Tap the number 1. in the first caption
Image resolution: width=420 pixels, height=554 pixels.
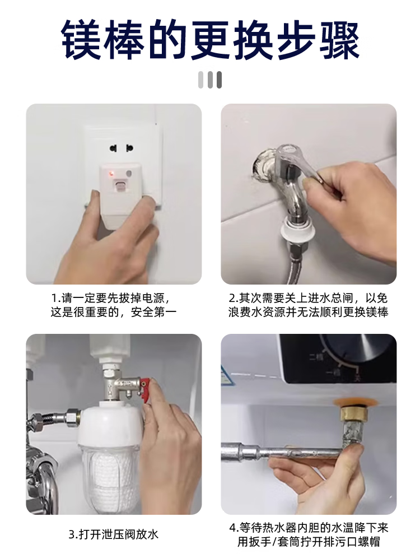pos(56,298)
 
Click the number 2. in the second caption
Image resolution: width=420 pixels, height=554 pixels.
pos(234,298)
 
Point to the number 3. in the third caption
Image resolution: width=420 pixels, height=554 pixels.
pos(74,534)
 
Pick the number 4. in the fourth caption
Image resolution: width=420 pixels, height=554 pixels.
pos(234,528)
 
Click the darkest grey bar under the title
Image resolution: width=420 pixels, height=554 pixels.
pos(219,80)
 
